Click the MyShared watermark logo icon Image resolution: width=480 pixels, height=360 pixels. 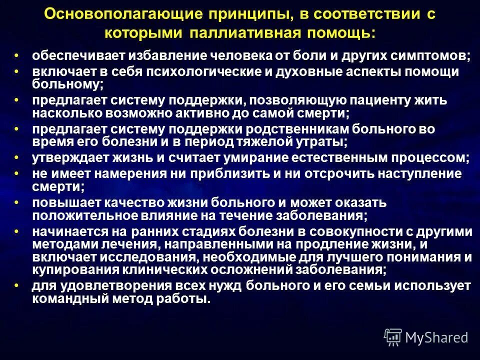tap(393, 337)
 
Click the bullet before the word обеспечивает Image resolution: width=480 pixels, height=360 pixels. tap(16, 55)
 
